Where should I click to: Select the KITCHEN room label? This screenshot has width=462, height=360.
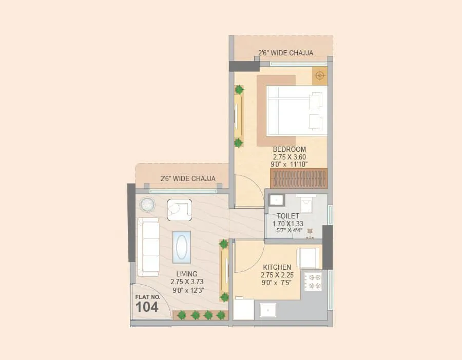point(277,267)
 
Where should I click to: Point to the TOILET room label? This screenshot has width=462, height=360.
point(288,216)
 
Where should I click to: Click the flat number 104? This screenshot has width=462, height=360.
point(147,307)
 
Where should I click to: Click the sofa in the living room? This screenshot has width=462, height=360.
point(148,246)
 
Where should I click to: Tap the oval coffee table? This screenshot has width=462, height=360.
point(182,247)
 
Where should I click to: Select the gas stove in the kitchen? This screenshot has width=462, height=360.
point(313,280)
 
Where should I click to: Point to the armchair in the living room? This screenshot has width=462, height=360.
point(179,210)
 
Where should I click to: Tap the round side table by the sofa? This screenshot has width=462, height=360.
point(148,204)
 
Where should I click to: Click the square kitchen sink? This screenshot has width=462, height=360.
point(267,310)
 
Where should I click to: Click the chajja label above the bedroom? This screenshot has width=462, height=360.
point(285,53)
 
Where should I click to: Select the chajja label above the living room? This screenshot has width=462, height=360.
point(187,179)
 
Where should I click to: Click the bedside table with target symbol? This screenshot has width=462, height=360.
point(320,76)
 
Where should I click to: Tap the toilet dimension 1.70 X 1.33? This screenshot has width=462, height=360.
point(287,223)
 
